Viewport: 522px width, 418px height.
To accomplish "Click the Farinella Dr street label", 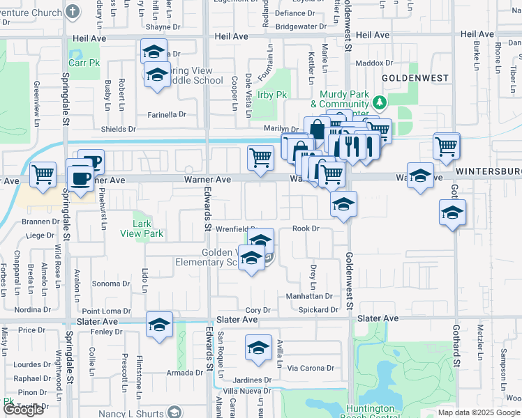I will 166,114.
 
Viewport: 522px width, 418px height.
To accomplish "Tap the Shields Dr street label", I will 119,129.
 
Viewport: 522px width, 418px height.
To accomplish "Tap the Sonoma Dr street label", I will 112,284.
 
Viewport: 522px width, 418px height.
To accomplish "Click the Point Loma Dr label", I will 106,311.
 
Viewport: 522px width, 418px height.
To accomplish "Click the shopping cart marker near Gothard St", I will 447,146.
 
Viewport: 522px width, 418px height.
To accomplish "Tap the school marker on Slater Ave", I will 159,325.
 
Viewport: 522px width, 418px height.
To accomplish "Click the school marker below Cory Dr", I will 258,347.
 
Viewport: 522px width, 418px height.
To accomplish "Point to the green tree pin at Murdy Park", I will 379,103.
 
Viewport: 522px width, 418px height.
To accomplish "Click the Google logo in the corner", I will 23,410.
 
